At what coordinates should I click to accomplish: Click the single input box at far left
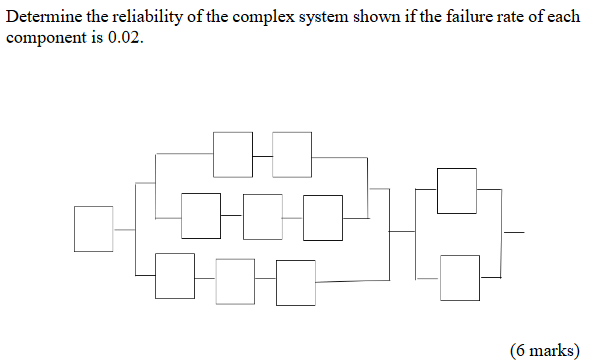coord(94,228)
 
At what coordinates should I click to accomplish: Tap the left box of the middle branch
coord(202,215)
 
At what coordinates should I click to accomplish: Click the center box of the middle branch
coord(262,215)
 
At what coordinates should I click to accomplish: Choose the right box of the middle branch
coord(323,216)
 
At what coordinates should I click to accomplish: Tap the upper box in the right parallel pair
coord(457,190)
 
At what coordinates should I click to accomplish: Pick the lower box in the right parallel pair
coord(459,276)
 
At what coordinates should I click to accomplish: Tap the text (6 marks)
coord(544,349)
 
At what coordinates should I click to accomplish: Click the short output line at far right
coord(513,232)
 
